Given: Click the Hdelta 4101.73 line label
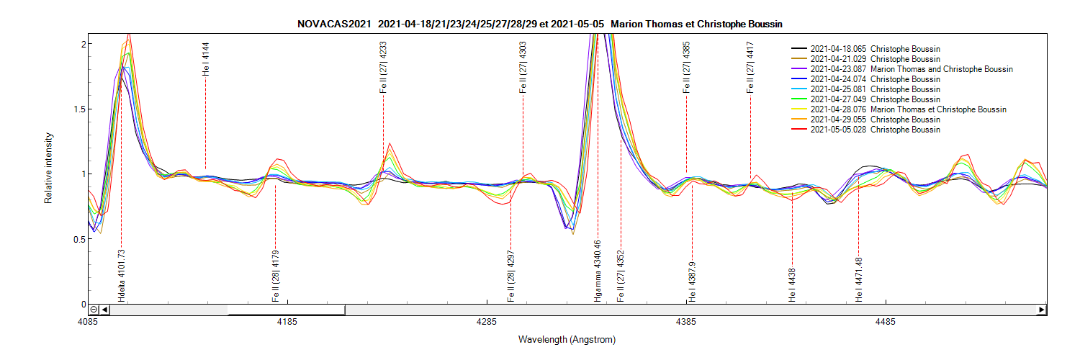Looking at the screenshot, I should point(122,275).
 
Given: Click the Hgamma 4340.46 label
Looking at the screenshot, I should point(598,273).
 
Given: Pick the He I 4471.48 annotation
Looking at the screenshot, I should point(859,279).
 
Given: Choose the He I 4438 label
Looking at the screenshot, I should point(792,285).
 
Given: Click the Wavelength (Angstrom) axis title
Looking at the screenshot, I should point(567,339).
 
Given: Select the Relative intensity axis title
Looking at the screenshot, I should point(49,168).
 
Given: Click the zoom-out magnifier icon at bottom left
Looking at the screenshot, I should point(94,310).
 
